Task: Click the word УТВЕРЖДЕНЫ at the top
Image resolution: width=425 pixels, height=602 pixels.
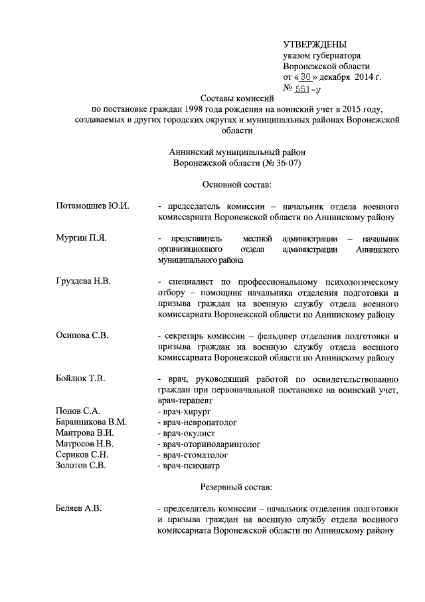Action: pos(315,44)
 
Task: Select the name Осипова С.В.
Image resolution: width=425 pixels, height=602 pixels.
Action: pos(82,335)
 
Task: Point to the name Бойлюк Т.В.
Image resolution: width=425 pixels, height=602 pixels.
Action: pos(82,378)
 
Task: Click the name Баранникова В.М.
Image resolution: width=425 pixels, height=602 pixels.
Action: pos(92,422)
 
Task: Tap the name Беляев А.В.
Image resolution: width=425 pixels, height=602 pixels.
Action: pos(78,508)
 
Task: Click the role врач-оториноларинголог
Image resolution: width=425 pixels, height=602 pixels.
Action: pos(209,444)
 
